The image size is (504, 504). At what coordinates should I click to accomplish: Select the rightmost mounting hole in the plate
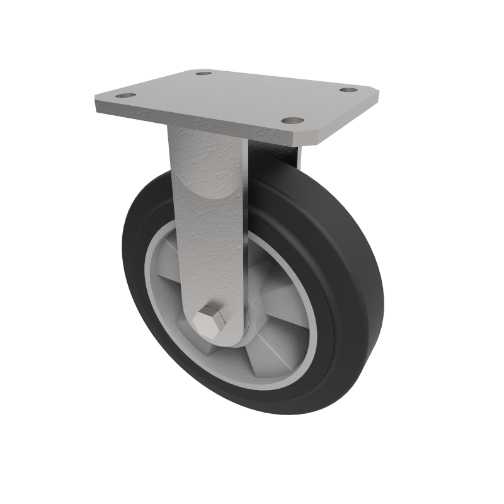click(x=348, y=90)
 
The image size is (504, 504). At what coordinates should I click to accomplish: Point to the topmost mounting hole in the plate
click(x=203, y=73)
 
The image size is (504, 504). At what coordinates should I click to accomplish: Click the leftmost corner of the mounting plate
click(x=96, y=101)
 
